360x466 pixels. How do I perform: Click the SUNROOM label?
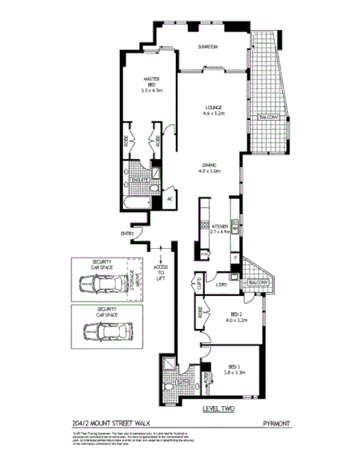209,47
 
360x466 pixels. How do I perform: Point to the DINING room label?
212,169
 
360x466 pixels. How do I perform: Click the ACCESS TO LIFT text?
161,272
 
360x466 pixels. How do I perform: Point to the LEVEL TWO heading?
218,409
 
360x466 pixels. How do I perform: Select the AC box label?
170,199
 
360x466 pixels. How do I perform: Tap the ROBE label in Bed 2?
199,311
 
